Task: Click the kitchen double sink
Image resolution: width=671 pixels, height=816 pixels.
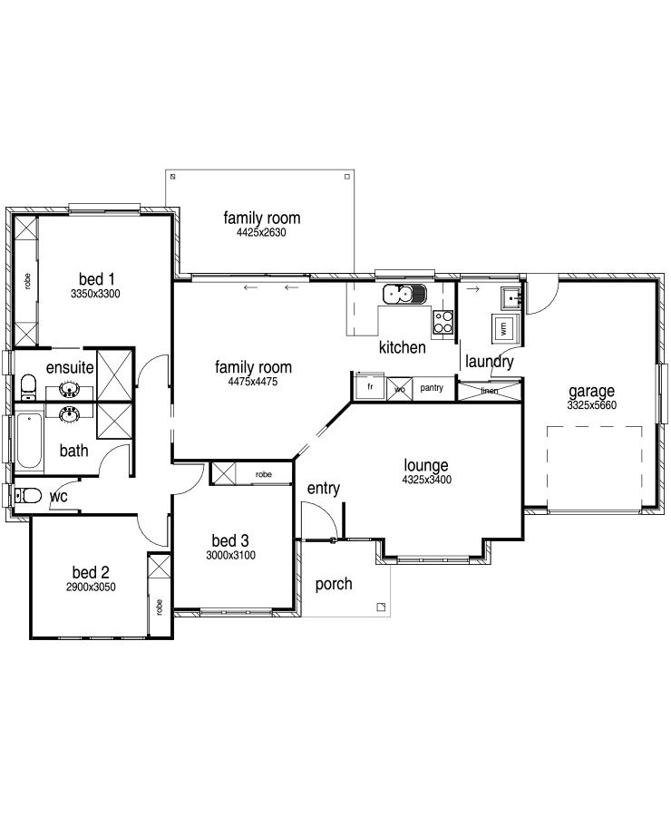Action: [x=404, y=295]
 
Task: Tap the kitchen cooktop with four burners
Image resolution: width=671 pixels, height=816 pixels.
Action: [x=443, y=322]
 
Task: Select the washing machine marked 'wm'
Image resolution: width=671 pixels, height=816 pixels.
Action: [x=503, y=328]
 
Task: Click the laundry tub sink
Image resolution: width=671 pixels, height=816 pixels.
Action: [x=511, y=297]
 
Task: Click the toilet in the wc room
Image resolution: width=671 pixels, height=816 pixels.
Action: [x=28, y=495]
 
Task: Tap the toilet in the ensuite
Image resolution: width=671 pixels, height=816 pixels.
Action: [x=28, y=386]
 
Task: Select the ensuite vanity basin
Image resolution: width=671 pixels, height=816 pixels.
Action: [x=69, y=389]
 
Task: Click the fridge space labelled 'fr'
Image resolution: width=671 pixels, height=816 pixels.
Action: [x=370, y=386]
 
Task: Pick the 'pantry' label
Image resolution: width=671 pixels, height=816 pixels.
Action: [x=432, y=388]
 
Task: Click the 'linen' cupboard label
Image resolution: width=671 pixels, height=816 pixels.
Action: [x=490, y=390]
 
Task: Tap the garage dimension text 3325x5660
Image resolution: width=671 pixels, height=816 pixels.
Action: [x=592, y=405]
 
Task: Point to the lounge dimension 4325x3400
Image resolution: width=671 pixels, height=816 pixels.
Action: [x=426, y=480]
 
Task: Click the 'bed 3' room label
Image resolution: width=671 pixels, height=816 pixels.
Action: [x=230, y=540]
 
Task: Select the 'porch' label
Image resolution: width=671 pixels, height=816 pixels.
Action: [x=334, y=585]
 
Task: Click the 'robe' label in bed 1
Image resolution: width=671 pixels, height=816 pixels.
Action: [x=27, y=281]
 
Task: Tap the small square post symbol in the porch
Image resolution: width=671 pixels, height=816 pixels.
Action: [x=381, y=607]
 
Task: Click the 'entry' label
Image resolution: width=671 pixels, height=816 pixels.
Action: [x=324, y=488]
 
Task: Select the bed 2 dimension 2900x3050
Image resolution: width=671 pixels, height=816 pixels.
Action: [x=91, y=587]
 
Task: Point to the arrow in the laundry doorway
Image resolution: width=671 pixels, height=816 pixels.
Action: [x=472, y=289]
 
